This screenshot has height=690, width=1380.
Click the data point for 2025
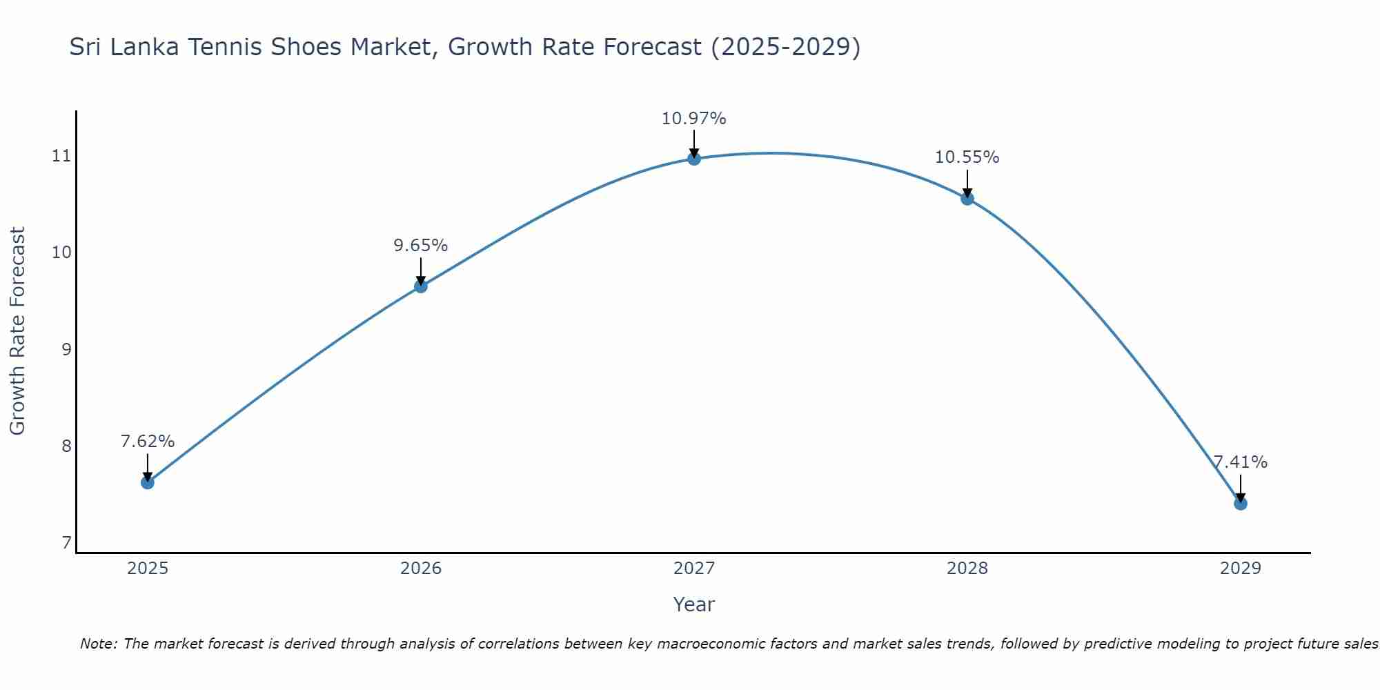148,482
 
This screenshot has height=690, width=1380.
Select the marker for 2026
421,286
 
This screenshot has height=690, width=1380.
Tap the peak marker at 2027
694,159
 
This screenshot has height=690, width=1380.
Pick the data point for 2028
967,199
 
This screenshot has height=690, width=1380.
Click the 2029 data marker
1241,504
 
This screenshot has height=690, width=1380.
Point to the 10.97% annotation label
693,119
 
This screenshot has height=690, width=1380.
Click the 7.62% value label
148,442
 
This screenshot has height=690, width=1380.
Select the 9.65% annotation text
421,246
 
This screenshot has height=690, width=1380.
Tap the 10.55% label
967,157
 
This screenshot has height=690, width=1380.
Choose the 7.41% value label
1240,462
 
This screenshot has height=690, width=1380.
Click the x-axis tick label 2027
694,569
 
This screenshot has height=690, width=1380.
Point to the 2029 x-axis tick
1241,569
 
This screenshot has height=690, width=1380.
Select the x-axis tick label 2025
148,569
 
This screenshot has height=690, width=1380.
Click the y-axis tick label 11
62,156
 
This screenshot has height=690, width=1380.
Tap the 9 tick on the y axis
66,350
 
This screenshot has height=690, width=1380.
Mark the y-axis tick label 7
66,544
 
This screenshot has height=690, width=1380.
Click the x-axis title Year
693,604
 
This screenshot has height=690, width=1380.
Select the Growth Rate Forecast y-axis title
18,331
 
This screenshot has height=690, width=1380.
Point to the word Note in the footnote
99,644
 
